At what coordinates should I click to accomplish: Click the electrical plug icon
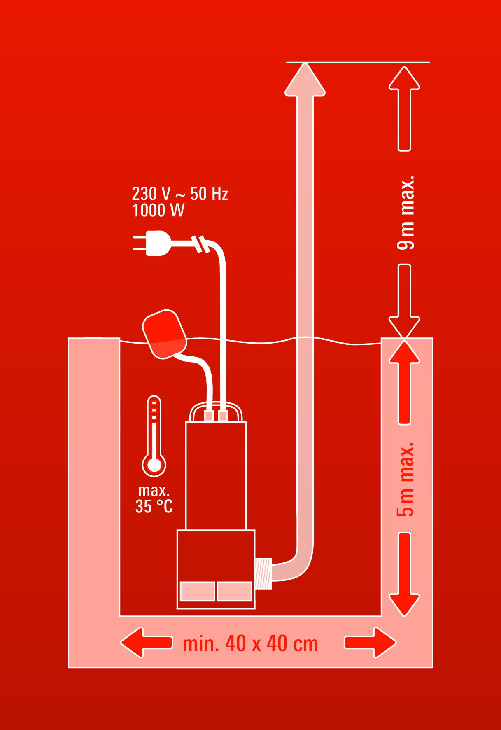coord(152,243)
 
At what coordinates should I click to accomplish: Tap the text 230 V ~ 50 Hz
coord(180,194)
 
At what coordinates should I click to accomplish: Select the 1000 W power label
coord(158,211)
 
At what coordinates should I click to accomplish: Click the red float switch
coord(164,334)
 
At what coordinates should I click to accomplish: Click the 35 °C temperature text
coord(154,507)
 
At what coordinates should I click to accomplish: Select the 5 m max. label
coord(405,480)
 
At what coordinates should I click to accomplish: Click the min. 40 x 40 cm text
coord(250,644)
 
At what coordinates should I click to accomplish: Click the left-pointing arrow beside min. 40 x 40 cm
coord(146,643)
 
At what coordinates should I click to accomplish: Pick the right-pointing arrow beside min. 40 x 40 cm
coord(370,643)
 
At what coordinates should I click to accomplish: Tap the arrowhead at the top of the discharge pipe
coord(305,80)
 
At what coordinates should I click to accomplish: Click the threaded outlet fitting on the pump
coord(263,573)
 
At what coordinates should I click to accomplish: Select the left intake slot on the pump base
coord(198,591)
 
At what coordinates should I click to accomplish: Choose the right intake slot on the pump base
coord(234,591)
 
